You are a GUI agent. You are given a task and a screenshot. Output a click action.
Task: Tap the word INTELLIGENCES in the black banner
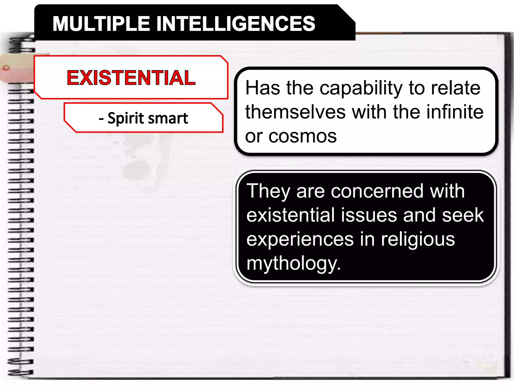[x=236, y=24]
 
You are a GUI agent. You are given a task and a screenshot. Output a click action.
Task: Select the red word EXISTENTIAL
[x=131, y=78]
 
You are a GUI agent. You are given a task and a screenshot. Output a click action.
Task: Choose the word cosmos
[x=302, y=136]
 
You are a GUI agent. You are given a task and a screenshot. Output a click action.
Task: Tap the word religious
[x=418, y=239]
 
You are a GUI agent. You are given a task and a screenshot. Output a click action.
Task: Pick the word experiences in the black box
[x=300, y=239]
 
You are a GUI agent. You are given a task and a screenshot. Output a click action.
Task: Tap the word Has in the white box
[x=263, y=88]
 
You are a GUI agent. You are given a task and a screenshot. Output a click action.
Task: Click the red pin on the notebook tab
[x=6, y=68]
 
